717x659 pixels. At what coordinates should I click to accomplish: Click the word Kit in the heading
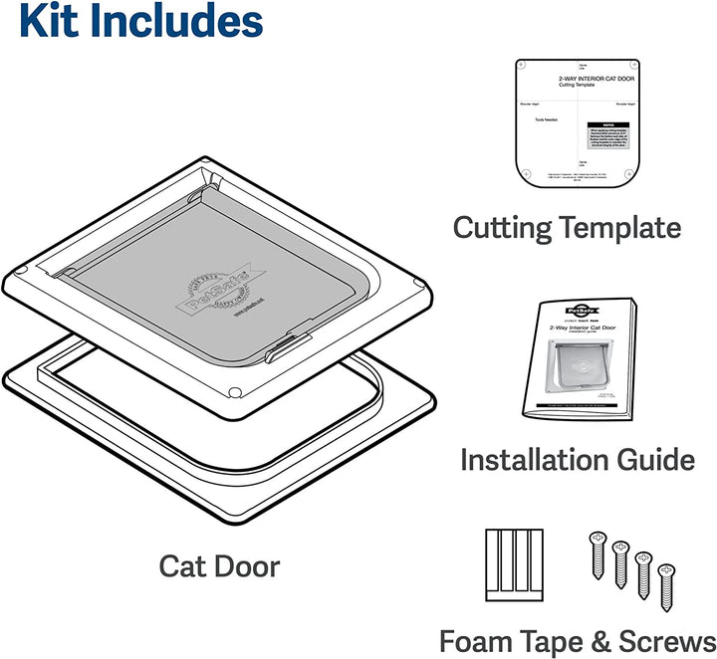click(50, 23)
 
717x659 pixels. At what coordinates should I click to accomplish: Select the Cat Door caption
click(219, 566)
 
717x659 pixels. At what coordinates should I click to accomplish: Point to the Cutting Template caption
click(567, 227)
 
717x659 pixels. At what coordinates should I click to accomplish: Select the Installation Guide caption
click(577, 459)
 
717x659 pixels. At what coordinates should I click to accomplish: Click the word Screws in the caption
click(672, 640)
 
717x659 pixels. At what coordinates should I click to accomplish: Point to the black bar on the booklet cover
click(574, 407)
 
